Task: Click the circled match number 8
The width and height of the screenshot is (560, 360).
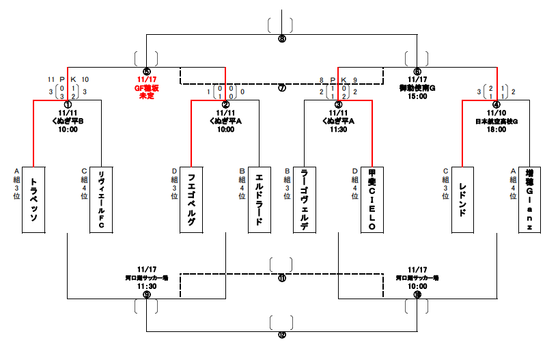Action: point(282,39)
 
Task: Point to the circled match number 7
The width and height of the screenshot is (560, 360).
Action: point(282,89)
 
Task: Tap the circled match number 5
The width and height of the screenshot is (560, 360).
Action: point(146,71)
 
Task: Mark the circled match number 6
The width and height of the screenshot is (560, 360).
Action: point(417,71)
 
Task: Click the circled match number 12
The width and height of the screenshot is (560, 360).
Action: point(282,335)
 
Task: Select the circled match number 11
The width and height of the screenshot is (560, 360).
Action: point(282,279)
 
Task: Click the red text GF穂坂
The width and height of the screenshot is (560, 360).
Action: point(146,88)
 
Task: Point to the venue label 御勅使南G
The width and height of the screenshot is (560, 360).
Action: point(417,88)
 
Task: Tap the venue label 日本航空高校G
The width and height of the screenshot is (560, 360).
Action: point(496,121)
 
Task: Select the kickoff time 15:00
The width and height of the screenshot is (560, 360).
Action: point(417,96)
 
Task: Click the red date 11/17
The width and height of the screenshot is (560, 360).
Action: point(146,80)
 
